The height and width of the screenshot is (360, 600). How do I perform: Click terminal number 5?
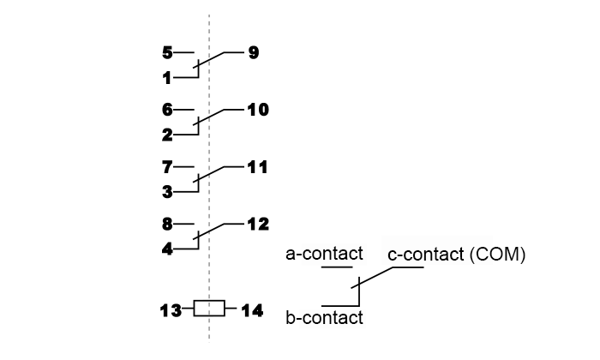[x=167, y=52]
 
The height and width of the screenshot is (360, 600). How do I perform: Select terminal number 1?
[x=167, y=78]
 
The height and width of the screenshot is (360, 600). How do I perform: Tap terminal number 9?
[x=254, y=52]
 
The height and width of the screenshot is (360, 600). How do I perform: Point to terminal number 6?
[x=167, y=110]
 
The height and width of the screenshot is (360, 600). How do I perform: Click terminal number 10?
[x=258, y=110]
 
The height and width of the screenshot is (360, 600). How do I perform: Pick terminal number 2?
[x=167, y=135]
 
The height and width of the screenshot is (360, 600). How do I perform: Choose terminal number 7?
[x=167, y=167]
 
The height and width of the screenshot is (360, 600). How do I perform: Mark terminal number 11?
[x=257, y=167]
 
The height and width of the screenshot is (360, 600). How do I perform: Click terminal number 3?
[x=167, y=192]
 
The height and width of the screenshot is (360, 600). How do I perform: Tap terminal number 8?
[x=167, y=225]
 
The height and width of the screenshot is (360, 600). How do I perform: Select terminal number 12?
[x=258, y=225]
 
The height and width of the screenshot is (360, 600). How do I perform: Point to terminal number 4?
[x=167, y=249]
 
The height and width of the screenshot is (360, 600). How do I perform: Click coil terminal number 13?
[x=171, y=310]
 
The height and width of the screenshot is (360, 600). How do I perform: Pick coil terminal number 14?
[x=253, y=310]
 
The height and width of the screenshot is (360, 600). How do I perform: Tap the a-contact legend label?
[x=325, y=254]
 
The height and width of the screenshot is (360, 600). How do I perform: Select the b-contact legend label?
[x=325, y=317]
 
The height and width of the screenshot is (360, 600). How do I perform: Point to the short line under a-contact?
[x=337, y=267]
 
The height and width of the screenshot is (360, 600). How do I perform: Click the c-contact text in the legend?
[x=425, y=255]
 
